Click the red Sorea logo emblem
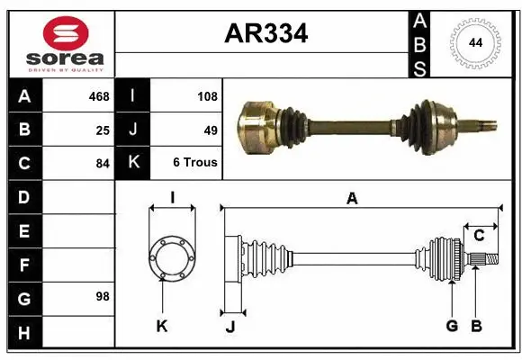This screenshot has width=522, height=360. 66,33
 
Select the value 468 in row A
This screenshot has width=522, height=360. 98,96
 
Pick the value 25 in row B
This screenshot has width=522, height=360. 103,130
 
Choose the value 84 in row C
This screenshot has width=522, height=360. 103,163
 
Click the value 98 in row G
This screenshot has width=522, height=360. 103,295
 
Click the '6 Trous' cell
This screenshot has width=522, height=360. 195,163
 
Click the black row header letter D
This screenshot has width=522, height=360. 24,196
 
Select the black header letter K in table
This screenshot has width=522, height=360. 133,163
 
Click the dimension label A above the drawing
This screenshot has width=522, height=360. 352,198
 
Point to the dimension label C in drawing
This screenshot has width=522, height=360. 479,236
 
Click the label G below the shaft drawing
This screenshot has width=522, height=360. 452,326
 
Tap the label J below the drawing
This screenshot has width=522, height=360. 229,327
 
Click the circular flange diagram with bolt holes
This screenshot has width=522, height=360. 171,256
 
